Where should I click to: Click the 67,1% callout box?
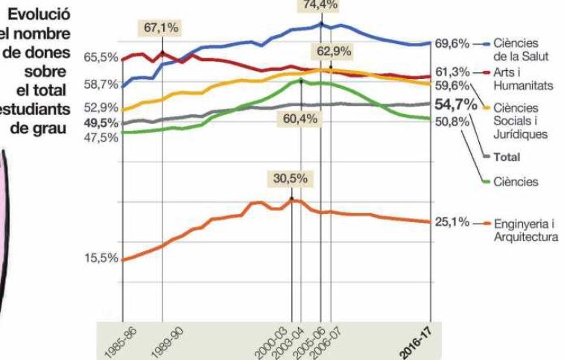click(x=162, y=28)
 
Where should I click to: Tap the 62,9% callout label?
click(x=332, y=51)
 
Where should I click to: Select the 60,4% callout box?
click(x=300, y=119)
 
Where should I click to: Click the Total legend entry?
click(x=507, y=157)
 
